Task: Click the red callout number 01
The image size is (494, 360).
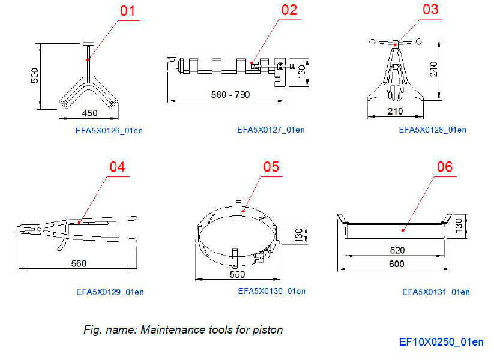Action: [128, 11]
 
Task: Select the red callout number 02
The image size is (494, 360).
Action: [289, 10]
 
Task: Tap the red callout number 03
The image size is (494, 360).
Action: [430, 10]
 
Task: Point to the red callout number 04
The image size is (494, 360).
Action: [118, 167]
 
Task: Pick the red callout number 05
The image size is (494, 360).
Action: [271, 167]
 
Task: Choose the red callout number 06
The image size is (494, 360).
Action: [444, 167]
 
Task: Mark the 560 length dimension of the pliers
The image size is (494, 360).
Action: [79, 263]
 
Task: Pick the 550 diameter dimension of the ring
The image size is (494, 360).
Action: [237, 275]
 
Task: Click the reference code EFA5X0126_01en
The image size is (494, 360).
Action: [102, 130]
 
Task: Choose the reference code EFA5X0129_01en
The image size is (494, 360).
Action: [110, 292]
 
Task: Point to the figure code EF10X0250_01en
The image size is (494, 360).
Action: [441, 342]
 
